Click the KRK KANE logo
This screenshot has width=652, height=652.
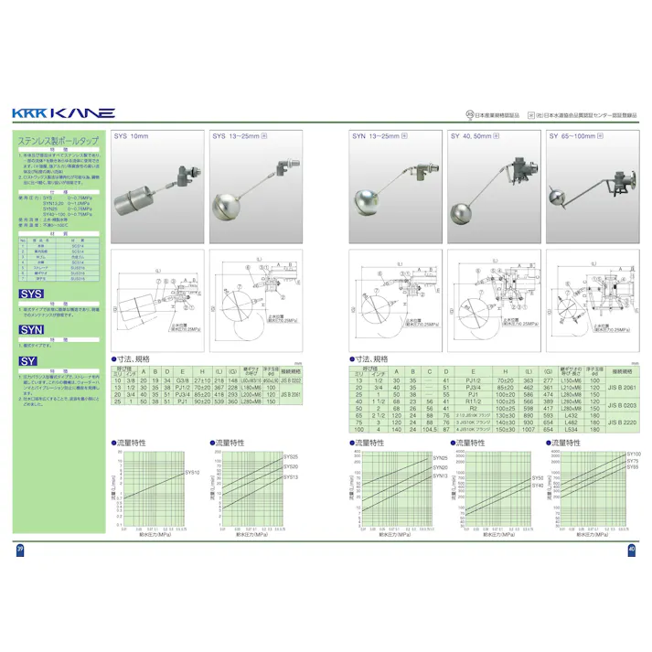pos(63,113)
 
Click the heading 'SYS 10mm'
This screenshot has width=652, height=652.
pos(131,135)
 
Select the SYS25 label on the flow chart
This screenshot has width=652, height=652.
pos(291,455)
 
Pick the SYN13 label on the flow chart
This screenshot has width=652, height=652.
pos(440,476)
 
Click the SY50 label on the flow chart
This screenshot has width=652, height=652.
pos(537,477)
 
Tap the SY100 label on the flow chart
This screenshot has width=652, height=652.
pos(635,454)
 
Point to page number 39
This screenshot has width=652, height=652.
pos(20,549)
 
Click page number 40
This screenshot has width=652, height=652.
pos(631,549)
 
